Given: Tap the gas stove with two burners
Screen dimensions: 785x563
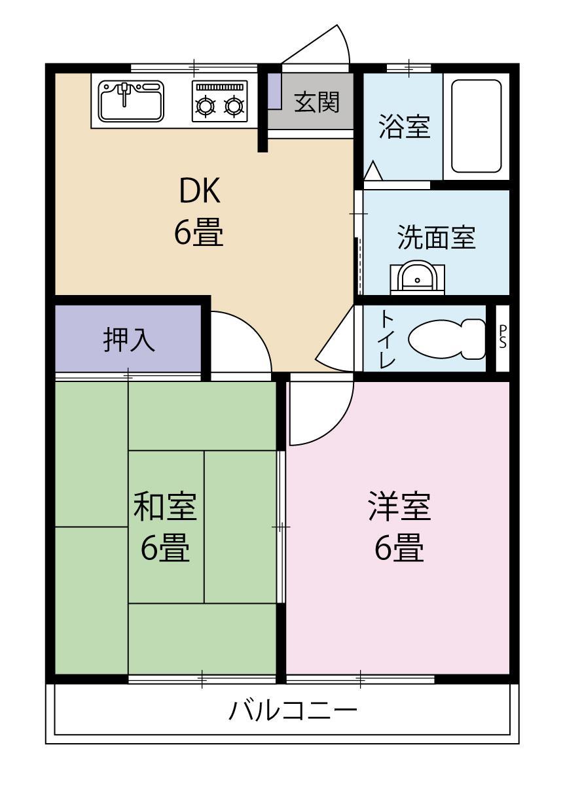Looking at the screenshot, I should [220, 102].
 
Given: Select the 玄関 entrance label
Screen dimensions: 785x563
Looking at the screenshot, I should [317, 102].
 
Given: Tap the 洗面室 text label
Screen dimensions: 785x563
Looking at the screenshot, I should [436, 237].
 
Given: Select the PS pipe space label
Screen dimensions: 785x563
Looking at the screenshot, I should [503, 338].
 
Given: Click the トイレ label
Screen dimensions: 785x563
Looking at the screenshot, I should [388, 338].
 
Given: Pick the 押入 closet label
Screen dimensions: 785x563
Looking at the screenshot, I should [129, 340].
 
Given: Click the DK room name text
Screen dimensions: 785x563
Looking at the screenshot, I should [200, 190].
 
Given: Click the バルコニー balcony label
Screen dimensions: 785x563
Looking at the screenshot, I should [293, 710].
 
